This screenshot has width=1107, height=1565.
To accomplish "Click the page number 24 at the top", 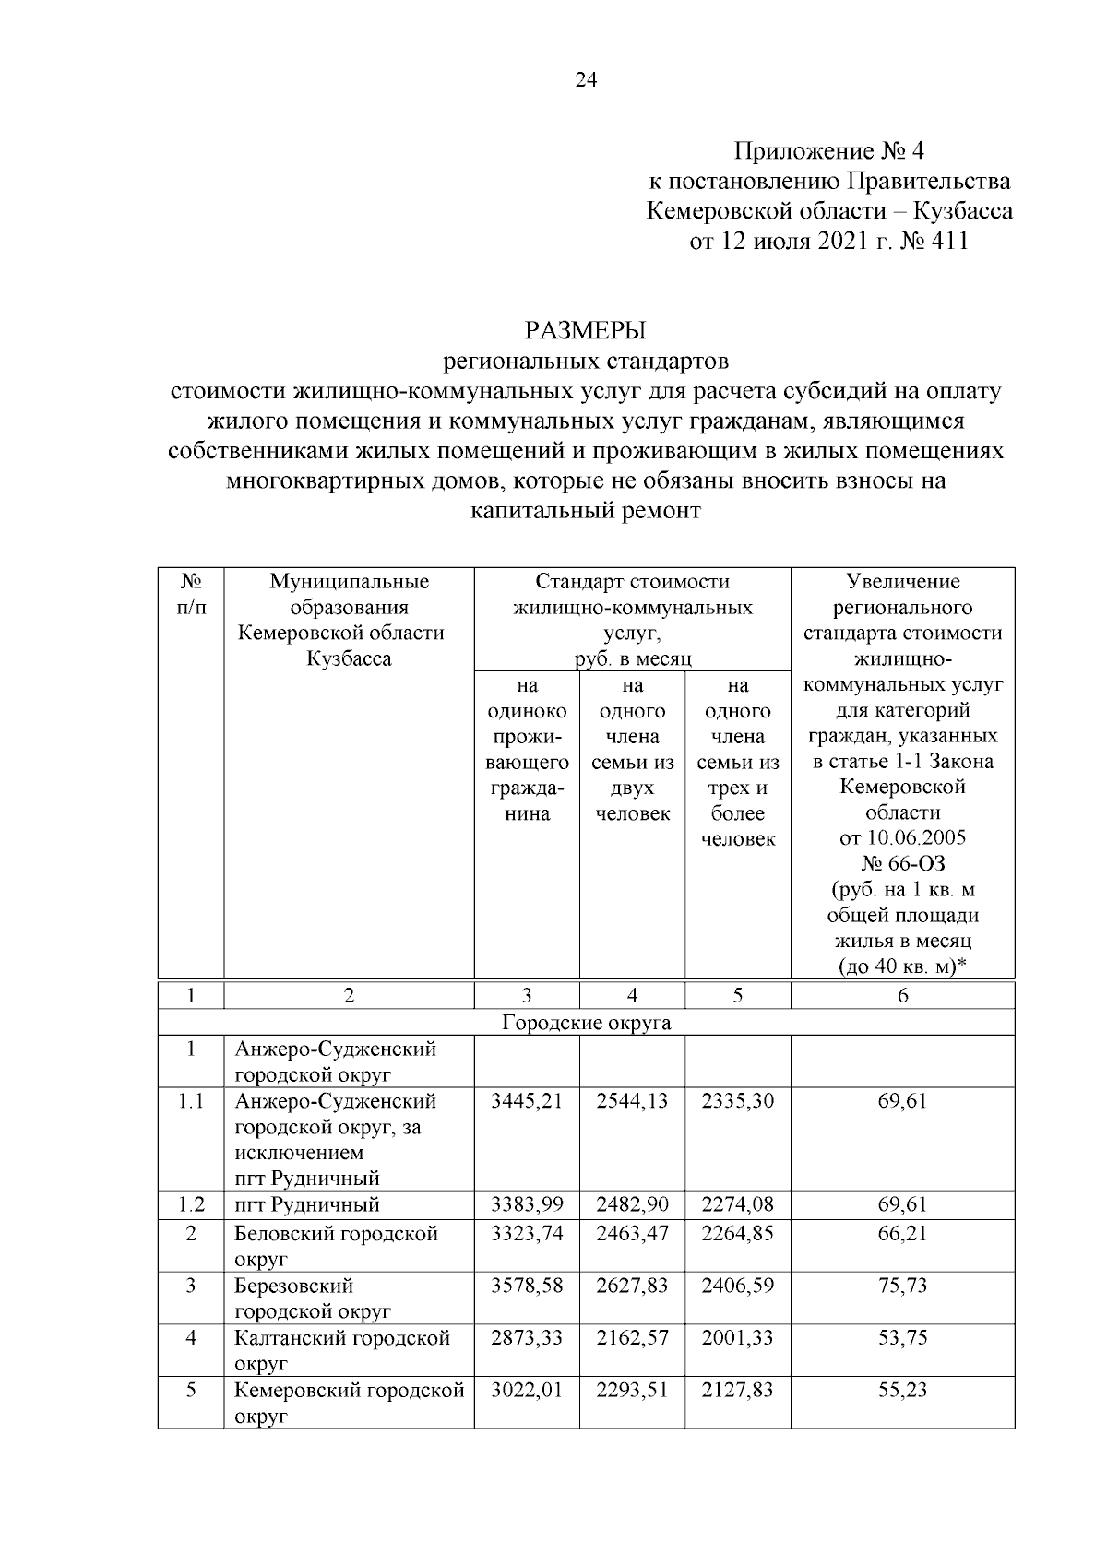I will click(x=586, y=80).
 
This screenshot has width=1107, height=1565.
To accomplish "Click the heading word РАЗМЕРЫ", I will click(x=586, y=329).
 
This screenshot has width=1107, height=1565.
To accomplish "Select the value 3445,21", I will click(x=527, y=1101).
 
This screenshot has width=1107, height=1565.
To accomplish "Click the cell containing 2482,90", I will click(x=632, y=1204).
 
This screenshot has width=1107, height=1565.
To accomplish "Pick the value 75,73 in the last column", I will click(x=902, y=1286).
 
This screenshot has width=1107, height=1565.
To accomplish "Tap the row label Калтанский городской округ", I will click(x=342, y=1350).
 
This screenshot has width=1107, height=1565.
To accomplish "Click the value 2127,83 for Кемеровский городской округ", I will click(x=737, y=1390).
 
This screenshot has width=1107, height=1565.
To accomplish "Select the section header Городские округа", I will click(x=586, y=1023).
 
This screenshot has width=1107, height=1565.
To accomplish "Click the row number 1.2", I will click(x=191, y=1204).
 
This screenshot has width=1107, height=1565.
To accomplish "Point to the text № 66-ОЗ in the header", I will click(x=902, y=864).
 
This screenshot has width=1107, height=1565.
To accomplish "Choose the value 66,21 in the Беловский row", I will click(x=902, y=1234).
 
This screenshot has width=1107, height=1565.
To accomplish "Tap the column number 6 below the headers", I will click(x=902, y=995).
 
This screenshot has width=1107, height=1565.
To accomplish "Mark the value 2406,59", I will click(x=737, y=1286).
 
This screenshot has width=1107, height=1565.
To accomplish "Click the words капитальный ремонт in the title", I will click(x=586, y=510).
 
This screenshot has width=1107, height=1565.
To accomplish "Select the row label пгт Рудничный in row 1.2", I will click(x=307, y=1204).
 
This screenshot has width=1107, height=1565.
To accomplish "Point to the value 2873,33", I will click(x=527, y=1337).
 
